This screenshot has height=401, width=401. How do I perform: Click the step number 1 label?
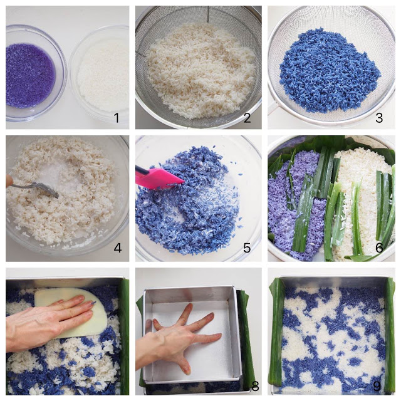(117, 118)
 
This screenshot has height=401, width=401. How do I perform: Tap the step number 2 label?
(247, 118)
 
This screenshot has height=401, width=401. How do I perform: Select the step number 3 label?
(379, 118)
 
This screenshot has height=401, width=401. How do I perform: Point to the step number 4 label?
(118, 247)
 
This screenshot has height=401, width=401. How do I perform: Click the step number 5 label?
(247, 247)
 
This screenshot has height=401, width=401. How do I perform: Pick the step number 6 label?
(379, 247)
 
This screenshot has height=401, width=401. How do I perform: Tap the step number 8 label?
(255, 387)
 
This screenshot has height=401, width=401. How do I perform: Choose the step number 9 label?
(377, 387)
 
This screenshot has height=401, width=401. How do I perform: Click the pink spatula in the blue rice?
(158, 178)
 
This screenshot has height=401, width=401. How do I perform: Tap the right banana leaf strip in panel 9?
(389, 335)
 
